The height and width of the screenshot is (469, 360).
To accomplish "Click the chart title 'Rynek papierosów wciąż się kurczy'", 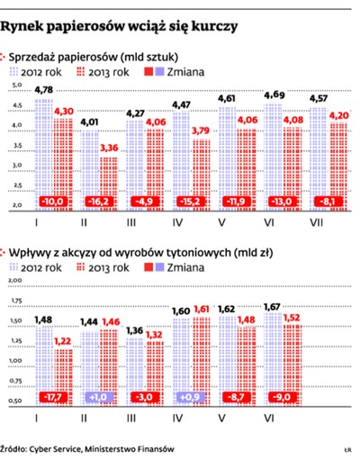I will (121, 27).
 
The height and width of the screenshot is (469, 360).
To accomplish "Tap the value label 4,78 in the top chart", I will (41, 89).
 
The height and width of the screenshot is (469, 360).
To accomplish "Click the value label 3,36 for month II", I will (109, 149).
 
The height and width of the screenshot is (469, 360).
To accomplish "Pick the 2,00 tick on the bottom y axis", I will (15, 280).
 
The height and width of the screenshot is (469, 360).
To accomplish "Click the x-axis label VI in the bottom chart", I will (276, 417).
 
